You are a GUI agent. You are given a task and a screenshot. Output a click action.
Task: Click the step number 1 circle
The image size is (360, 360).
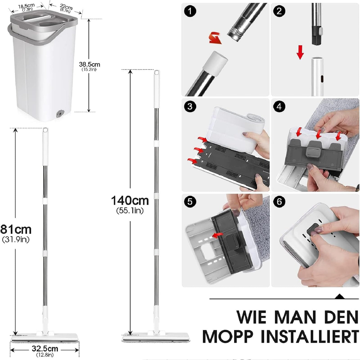(x=190, y=11)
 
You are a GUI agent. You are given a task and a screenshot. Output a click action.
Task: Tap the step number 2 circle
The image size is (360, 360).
(x=280, y=11)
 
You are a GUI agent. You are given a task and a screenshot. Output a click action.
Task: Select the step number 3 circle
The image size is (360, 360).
(x=190, y=106)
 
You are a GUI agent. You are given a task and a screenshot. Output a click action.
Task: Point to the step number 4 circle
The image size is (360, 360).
(x=280, y=106)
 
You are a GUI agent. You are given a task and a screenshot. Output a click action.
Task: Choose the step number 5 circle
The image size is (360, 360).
(x=190, y=202)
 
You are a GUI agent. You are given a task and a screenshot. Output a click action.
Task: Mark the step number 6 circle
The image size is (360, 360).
(x=280, y=202)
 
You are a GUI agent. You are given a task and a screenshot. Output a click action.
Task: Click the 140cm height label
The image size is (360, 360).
(x=130, y=201)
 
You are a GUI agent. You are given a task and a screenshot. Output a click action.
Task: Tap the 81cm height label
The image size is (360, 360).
(x=16, y=229)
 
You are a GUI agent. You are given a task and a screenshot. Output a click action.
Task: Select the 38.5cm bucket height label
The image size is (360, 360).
(x=89, y=65)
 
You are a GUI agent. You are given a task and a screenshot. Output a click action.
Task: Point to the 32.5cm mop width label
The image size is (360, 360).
(x=45, y=349)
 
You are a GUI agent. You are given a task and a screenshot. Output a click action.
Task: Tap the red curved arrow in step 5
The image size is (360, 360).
(x=217, y=235)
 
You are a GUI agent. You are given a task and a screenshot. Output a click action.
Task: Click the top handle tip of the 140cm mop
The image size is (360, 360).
(x=157, y=73)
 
